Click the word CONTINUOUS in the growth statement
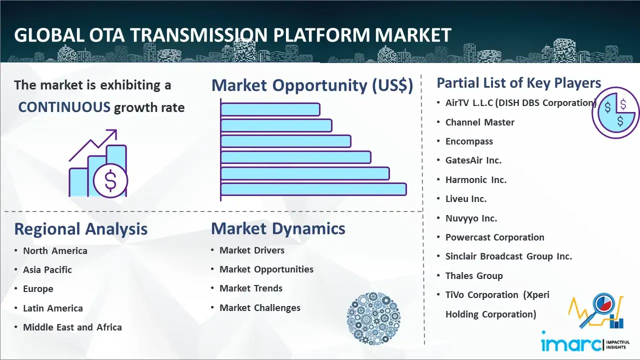click(x=64, y=107)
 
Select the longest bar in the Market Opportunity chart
click(x=313, y=189)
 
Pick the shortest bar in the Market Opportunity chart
click(x=270, y=109)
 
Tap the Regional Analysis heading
click(x=81, y=229)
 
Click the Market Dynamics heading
click(x=278, y=228)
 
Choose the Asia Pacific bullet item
click(x=47, y=269)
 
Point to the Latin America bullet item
click(x=53, y=308)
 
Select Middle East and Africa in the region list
click(x=72, y=327)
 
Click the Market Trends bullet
click(x=251, y=288)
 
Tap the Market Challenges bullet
click(x=260, y=307)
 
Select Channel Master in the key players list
click(x=479, y=122)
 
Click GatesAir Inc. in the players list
click(x=473, y=160)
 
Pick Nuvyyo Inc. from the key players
click(x=471, y=218)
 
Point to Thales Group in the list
click(x=474, y=275)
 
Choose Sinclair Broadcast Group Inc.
click(x=508, y=256)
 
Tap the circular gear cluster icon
click(x=373, y=318)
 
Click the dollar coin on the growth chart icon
click(x=110, y=180)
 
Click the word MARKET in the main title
click(x=413, y=35)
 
